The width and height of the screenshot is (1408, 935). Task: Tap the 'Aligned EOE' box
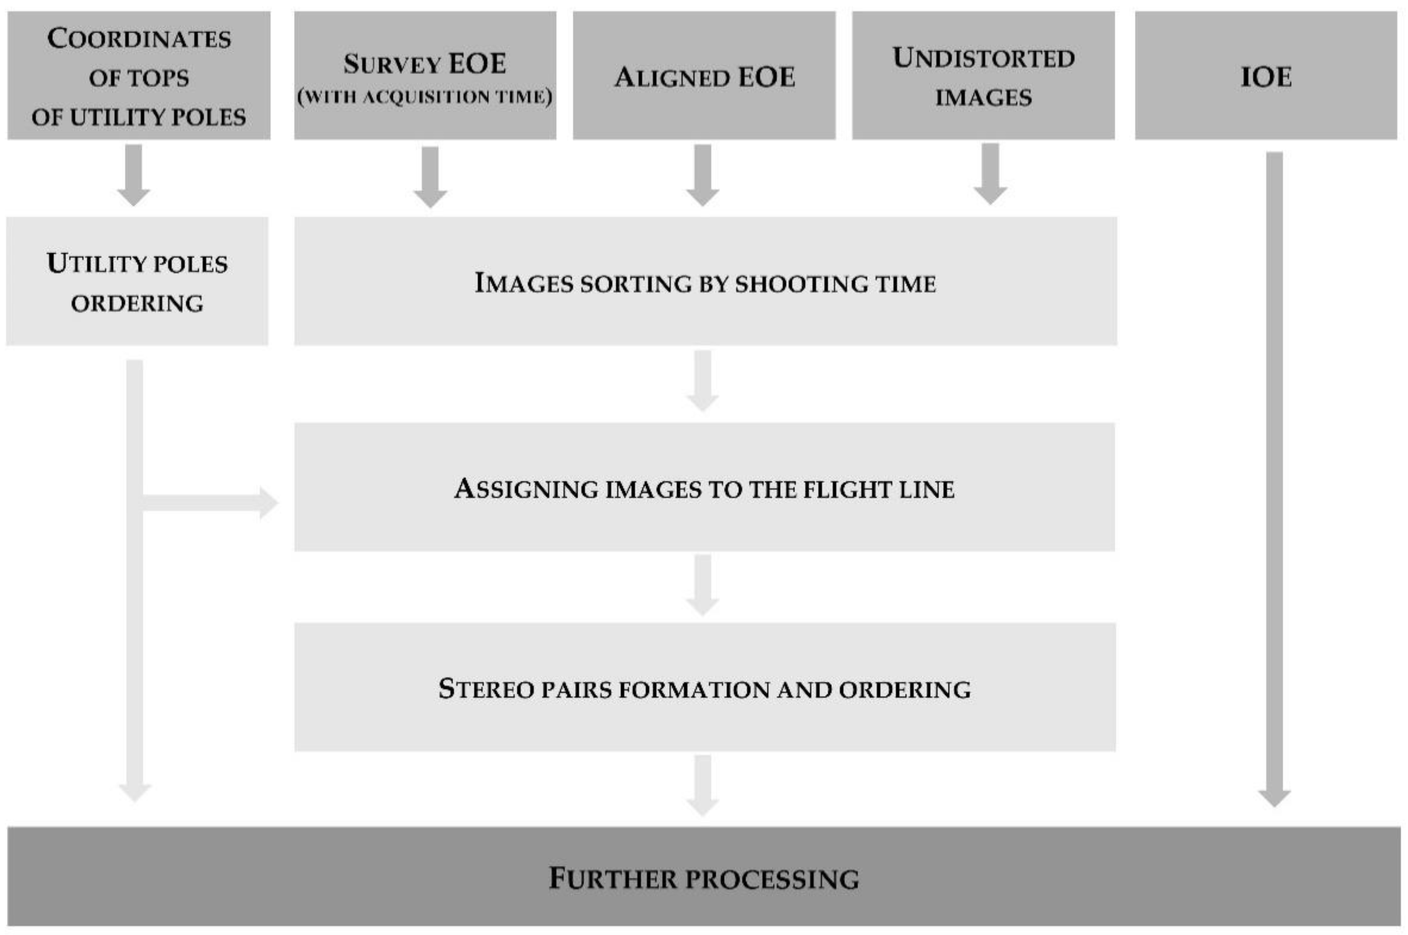tap(704, 76)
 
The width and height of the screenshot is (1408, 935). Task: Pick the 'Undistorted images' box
tap(983, 76)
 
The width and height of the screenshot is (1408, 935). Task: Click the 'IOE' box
tap(1265, 76)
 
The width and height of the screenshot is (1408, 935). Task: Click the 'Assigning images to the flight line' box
tap(704, 487)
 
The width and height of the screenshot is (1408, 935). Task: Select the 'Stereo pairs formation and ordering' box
tap(705, 687)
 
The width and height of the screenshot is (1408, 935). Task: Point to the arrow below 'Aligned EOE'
tap(702, 175)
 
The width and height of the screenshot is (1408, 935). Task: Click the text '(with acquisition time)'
tap(425, 97)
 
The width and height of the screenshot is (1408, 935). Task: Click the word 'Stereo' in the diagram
tap(486, 689)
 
